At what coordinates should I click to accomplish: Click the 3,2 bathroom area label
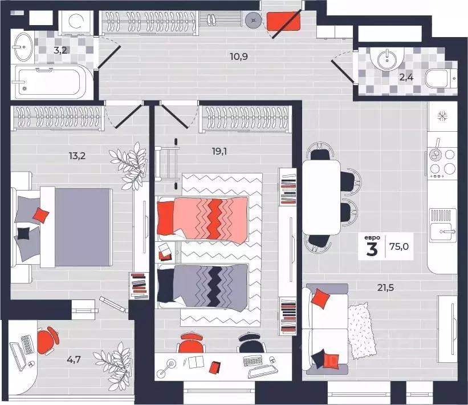(60, 50)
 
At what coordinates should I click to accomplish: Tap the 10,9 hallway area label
(239, 56)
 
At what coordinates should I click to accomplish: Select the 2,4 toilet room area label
(406, 78)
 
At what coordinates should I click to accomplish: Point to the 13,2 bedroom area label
(77, 156)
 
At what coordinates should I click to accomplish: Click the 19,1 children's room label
(219, 152)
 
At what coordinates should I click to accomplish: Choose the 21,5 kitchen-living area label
(385, 287)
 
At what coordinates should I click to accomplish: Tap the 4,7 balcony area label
(74, 359)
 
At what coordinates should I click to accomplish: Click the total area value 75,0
(399, 246)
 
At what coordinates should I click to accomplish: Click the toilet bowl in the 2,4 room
(441, 79)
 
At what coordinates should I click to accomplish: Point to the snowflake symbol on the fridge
(442, 116)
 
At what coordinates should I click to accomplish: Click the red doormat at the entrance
(283, 21)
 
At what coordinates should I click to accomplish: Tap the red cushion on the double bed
(41, 215)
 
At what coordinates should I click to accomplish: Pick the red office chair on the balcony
(48, 341)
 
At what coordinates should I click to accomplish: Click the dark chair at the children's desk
(253, 343)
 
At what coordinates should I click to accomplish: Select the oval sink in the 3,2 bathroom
(23, 46)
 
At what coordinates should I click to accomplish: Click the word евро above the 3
(372, 238)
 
